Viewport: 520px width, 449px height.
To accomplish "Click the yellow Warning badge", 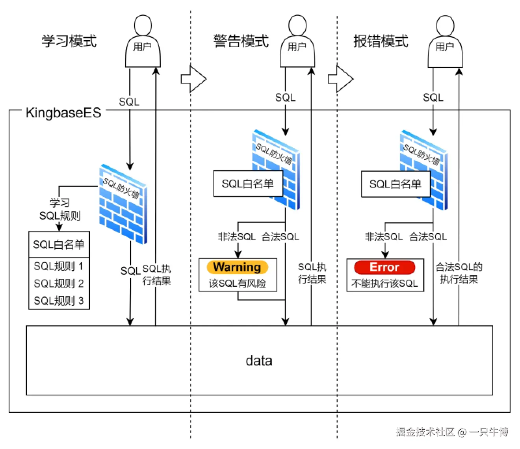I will (237, 267).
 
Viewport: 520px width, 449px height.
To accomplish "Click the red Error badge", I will (384, 267).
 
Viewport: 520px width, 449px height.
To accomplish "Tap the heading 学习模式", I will (69, 41).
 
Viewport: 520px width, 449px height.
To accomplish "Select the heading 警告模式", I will (241, 41).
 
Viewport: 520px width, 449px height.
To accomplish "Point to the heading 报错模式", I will (381, 41).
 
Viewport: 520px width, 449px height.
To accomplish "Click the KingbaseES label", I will (63, 113).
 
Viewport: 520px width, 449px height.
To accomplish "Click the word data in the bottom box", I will (259, 360).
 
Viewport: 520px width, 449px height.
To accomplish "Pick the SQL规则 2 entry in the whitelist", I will (59, 283).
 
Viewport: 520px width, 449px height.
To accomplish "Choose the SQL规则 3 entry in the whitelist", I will (59, 301).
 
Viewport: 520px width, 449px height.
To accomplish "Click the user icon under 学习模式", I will (143, 43).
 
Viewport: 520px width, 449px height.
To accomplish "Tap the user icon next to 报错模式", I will (445, 43).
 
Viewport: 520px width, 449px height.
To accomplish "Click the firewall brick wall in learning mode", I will (123, 205).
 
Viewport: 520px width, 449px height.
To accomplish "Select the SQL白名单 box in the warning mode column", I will (248, 184).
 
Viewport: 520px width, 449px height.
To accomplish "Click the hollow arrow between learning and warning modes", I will (194, 79).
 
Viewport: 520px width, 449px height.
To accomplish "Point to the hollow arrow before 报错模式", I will (341, 79).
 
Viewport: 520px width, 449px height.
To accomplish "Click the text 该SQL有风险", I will (238, 283).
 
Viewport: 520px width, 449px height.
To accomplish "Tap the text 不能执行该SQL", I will (384, 283).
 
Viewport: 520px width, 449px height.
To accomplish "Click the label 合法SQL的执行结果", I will (459, 273).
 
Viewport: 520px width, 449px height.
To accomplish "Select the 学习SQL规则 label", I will (60, 210).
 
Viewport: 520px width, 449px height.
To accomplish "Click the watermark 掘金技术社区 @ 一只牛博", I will (452, 432).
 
